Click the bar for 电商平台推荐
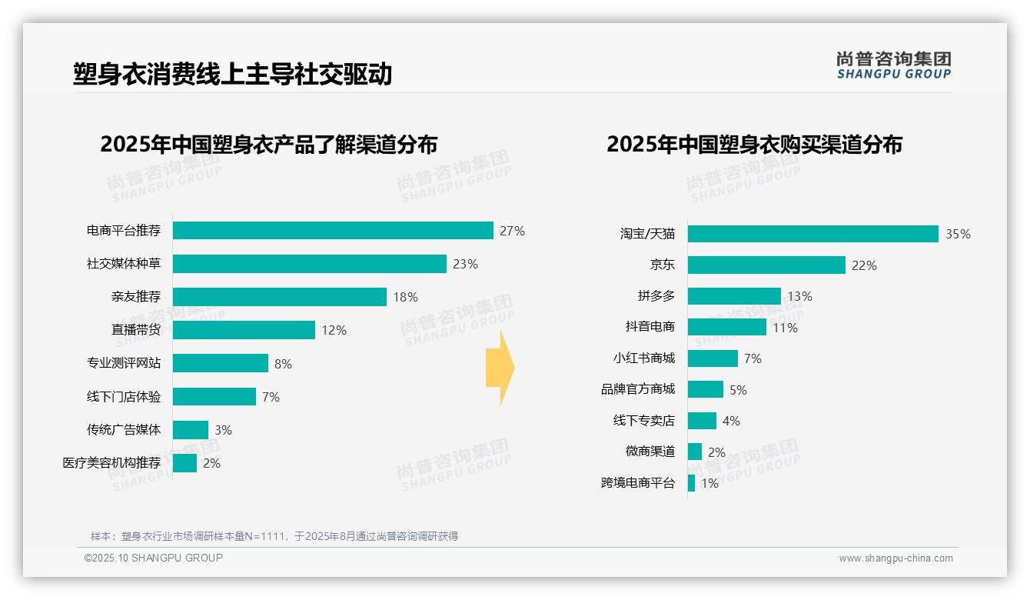[x=333, y=231]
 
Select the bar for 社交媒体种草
[x=309, y=264]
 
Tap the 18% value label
[x=406, y=297]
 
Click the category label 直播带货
[x=136, y=330]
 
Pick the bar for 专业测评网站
[x=220, y=363]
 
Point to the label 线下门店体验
[x=124, y=397]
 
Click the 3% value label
[x=223, y=430]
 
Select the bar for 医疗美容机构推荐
[x=184, y=463]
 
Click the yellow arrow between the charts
[x=500, y=368]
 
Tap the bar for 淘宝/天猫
[x=812, y=234]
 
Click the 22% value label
[x=864, y=265]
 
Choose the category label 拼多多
[x=656, y=296]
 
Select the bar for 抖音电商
[x=726, y=327]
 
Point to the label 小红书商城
[x=643, y=358]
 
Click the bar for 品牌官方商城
[x=705, y=389]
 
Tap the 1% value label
[x=709, y=484]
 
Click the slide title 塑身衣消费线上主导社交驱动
[x=232, y=74]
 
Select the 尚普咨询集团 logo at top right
[x=893, y=65]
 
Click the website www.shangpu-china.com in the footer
[x=895, y=558]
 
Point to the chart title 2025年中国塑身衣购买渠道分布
[x=754, y=145]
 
